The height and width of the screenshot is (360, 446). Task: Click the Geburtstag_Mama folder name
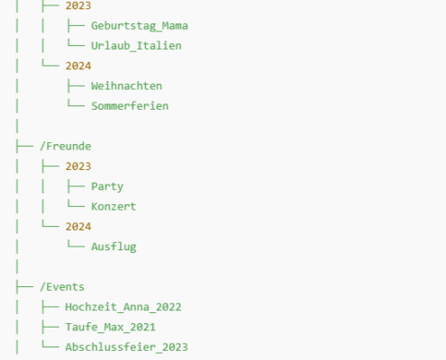(140, 26)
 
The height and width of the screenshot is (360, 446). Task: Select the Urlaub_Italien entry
(136, 46)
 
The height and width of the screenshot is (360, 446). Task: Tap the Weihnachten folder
(127, 86)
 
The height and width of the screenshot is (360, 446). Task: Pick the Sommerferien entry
(130, 106)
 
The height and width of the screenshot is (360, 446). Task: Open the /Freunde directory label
(66, 146)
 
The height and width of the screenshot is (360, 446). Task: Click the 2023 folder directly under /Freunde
(78, 166)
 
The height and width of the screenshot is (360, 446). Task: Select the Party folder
(107, 186)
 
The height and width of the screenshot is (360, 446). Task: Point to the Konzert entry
(114, 206)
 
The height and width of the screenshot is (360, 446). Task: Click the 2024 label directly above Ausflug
(78, 227)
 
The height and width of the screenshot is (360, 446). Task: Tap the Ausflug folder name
(114, 247)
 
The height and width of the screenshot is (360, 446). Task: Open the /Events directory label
(62, 287)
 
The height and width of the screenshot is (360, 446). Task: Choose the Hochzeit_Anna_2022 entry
(123, 307)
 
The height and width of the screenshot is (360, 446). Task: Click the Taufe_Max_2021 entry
(111, 328)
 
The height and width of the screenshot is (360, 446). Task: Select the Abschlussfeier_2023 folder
(127, 347)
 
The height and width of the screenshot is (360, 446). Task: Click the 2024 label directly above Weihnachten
(78, 66)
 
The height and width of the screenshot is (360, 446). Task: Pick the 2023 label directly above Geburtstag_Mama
(78, 5)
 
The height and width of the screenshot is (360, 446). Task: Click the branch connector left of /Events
(24, 287)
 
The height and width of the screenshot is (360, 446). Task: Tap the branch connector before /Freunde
(24, 147)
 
